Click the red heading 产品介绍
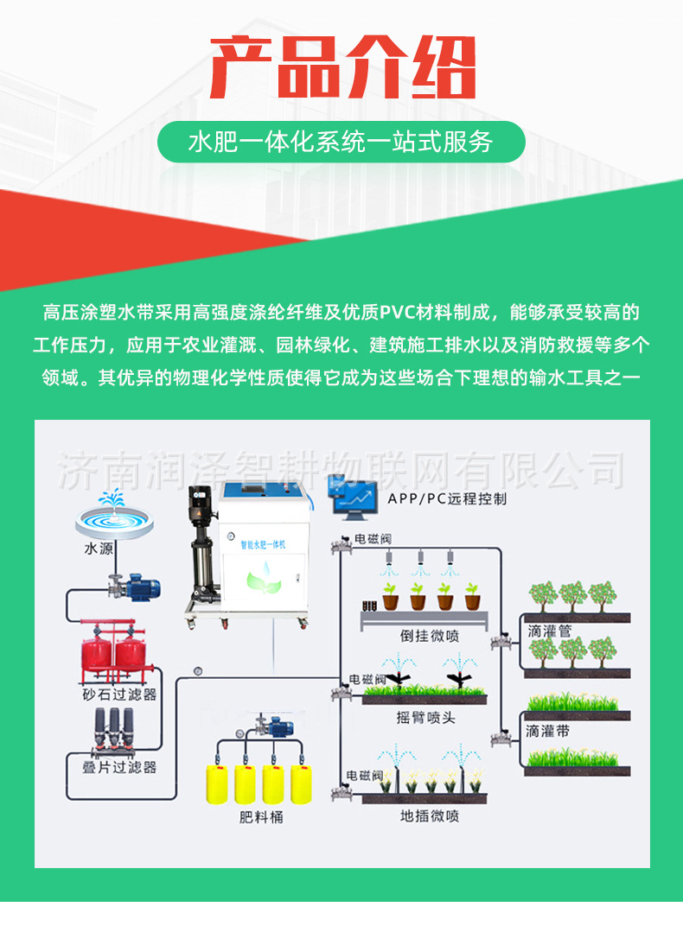coord(342,67)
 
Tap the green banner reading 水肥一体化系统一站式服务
coord(341,142)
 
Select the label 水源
coord(99,548)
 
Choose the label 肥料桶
coord(261,816)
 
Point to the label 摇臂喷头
coord(424,716)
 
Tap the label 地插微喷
coord(429,815)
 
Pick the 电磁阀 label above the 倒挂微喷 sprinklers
coord(369,540)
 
